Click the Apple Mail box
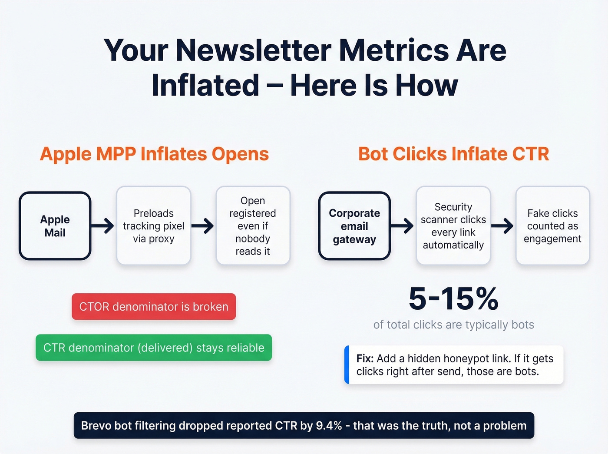click(55, 226)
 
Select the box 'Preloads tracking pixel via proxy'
click(154, 226)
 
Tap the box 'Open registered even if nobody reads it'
click(253, 226)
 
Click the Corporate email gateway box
click(354, 226)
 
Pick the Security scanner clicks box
click(453, 226)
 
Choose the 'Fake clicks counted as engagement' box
click(552, 226)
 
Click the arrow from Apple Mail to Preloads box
click(103, 226)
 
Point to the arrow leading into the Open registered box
click(203, 226)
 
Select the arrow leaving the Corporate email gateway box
click(402, 226)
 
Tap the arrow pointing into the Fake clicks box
click(502, 226)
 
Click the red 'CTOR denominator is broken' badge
click(154, 307)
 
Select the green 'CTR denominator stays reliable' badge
click(154, 348)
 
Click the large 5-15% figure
click(453, 299)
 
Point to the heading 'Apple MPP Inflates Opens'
click(154, 154)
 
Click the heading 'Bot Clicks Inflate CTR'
click(453, 154)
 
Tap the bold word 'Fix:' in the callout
click(365, 358)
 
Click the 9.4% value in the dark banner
click(329, 426)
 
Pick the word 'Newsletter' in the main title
click(254, 50)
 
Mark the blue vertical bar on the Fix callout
click(347, 365)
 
